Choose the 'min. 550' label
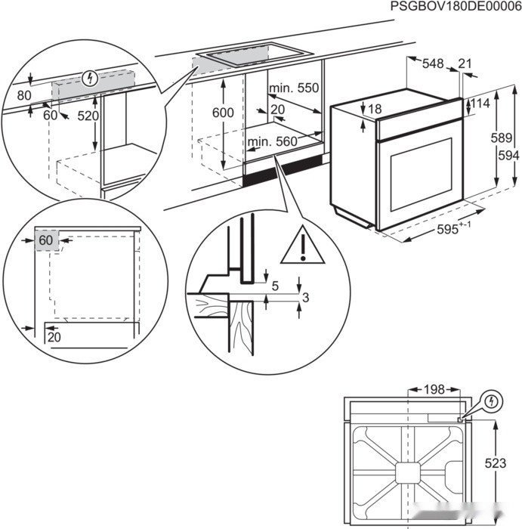click(x=295, y=88)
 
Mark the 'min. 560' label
click(x=272, y=141)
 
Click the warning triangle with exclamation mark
click(x=302, y=246)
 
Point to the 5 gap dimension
click(x=276, y=286)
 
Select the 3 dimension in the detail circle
click(x=304, y=299)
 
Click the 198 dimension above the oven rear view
click(x=434, y=389)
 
